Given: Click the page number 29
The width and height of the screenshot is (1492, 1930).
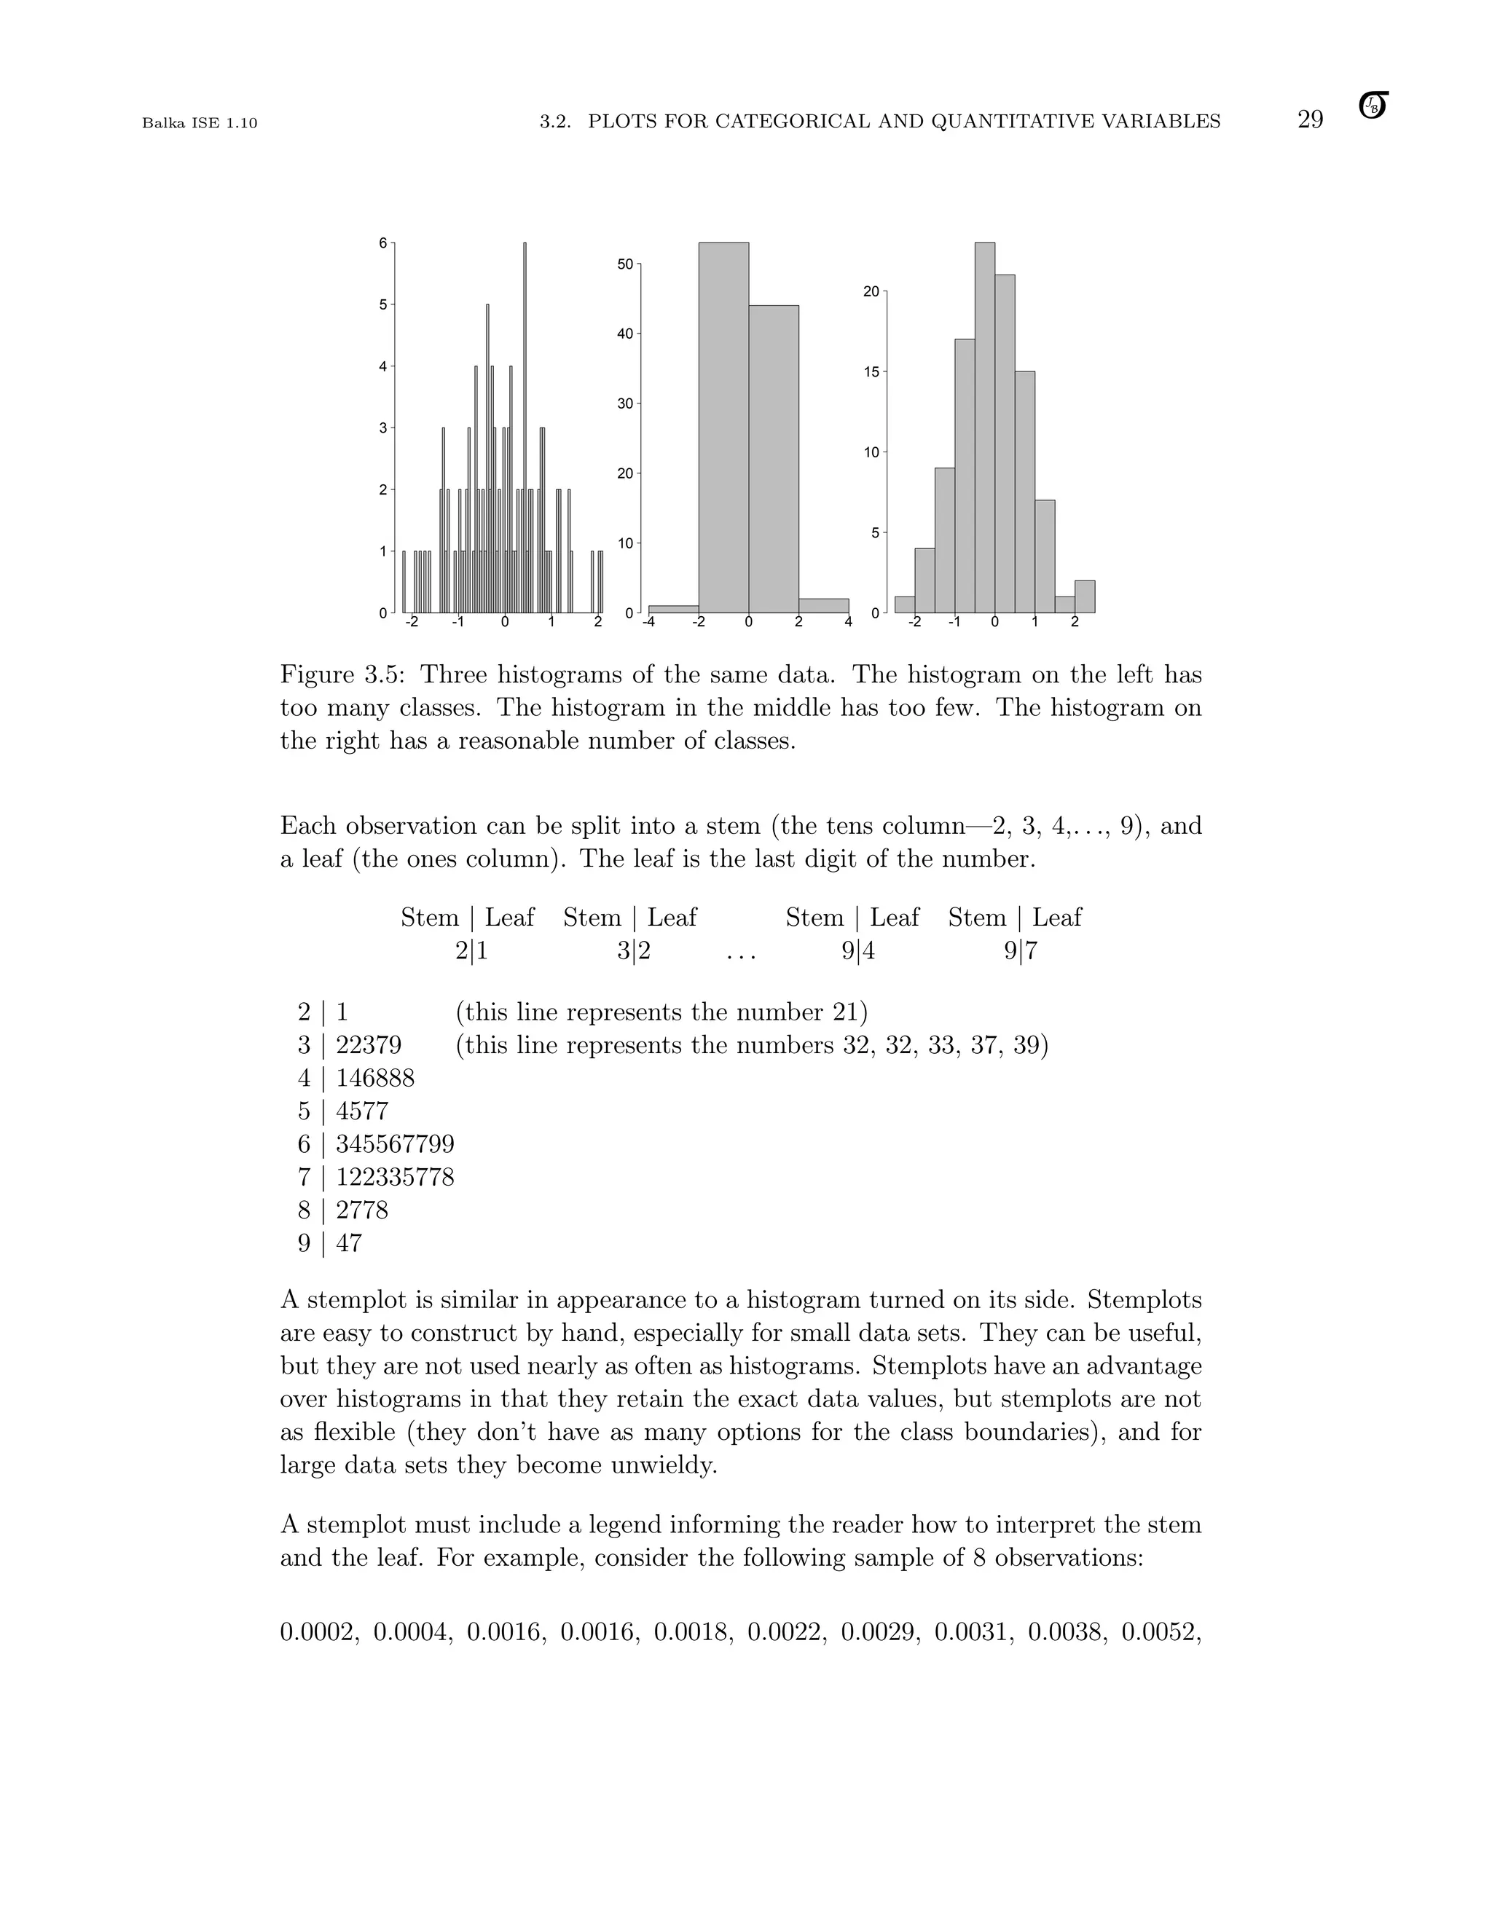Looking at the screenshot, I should pos(1310,120).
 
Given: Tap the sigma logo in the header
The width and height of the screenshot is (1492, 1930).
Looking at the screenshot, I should pos(1373,106).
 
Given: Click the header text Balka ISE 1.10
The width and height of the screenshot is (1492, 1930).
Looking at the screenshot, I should pos(200,124).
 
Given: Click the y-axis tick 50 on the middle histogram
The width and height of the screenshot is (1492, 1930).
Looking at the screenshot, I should pos(624,264).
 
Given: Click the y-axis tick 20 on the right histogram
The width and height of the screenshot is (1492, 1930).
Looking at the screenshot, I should pos(871,291).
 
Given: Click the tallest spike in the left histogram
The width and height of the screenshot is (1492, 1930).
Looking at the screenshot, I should pos(525,424).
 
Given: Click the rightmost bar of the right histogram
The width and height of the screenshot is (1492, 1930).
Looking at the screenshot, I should pos(1085,596).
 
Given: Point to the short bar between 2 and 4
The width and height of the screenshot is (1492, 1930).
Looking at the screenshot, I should pos(823,605).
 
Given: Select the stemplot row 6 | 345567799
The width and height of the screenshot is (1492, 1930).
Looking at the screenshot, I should pos(376,1144).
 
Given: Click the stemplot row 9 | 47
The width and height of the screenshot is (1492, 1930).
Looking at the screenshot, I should pos(330,1243).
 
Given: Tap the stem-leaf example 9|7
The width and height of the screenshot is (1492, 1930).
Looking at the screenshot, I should pos(1021,952).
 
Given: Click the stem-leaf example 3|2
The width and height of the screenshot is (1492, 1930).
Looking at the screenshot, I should pos(634,952).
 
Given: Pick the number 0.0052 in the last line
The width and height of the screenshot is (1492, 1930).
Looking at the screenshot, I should pos(1161,1632).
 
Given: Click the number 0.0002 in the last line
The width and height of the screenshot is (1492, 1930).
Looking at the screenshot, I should pos(319,1632).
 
